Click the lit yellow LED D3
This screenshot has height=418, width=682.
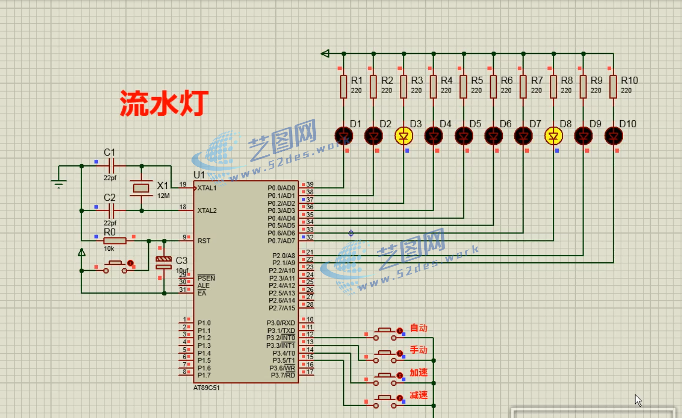coord(404,136)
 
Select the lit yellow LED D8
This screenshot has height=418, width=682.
coord(553,136)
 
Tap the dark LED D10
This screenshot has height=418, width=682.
coord(614,136)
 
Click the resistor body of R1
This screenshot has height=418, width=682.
coord(343,87)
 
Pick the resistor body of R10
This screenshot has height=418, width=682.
coord(613,87)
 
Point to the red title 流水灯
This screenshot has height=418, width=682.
coord(164,103)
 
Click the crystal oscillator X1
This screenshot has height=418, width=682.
coord(141,188)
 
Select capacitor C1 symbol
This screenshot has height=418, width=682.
coord(111,166)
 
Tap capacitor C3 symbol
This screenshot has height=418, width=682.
coord(163,263)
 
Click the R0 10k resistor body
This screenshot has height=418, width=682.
coord(115,241)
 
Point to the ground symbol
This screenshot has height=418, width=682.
coord(59,184)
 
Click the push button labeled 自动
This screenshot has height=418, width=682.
coord(385,334)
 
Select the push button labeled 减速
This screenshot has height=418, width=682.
coord(385,402)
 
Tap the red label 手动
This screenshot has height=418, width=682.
coord(419,350)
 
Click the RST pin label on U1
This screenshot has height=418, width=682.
coord(204,241)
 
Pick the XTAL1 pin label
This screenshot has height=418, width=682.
coord(207,188)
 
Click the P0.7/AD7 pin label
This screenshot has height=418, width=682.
coord(281,241)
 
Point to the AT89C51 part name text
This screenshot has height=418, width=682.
coord(206,388)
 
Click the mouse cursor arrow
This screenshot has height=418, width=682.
coord(638,400)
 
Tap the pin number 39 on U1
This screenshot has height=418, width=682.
coord(310,185)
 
